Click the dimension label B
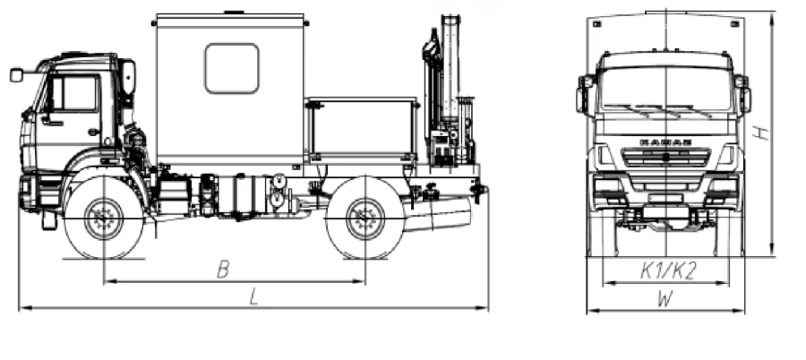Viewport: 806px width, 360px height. point(223,270)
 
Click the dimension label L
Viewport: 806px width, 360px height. point(254,299)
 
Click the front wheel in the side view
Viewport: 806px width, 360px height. point(104,218)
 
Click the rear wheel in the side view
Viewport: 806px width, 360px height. point(364,219)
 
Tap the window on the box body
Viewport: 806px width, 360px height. point(231,69)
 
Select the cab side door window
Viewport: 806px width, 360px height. point(79,93)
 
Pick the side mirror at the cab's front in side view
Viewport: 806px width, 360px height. point(16,75)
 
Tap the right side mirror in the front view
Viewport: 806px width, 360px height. point(744,93)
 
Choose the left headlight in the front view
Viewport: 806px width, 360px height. point(608,186)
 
